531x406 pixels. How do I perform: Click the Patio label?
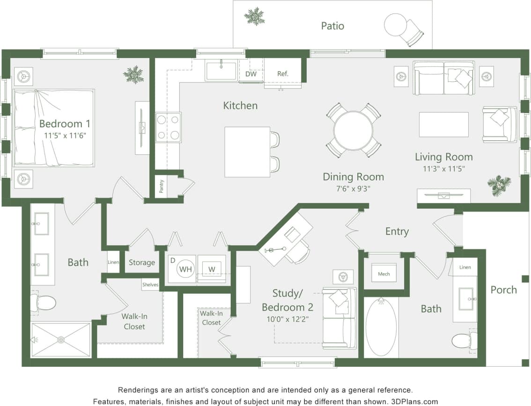(x=332, y=26)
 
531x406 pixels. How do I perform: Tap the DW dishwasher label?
(x=251, y=73)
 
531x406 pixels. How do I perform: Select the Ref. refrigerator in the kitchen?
(x=283, y=73)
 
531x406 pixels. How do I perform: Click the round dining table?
(x=353, y=130)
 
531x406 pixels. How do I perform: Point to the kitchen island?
(x=247, y=152)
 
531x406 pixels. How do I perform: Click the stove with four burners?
(x=168, y=127)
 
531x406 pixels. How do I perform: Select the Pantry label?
(x=162, y=187)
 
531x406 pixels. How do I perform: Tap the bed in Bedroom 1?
(x=53, y=127)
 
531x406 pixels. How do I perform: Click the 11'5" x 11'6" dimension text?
(x=65, y=136)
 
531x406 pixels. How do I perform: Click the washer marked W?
(x=212, y=269)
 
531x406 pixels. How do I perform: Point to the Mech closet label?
(x=384, y=274)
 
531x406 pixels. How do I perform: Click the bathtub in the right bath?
(x=381, y=327)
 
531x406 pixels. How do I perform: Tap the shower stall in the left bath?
(x=60, y=340)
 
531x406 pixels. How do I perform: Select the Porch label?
(x=503, y=290)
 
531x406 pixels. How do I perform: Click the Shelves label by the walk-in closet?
(x=150, y=284)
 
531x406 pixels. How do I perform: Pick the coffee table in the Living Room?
(x=443, y=124)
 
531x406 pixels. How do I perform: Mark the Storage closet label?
(x=141, y=262)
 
